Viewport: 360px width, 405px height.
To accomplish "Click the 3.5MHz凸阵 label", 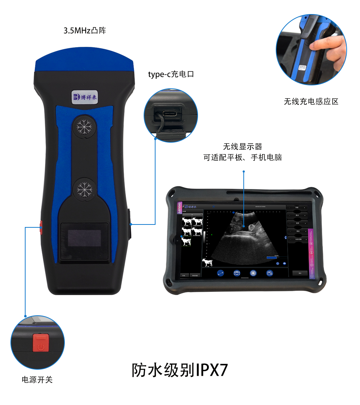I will [85, 31].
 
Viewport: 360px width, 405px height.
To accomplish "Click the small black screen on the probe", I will [84, 238].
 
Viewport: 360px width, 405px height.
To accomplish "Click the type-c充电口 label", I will [171, 75].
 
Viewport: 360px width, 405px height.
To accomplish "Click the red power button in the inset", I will [40, 343].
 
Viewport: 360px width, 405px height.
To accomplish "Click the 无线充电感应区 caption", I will [311, 102].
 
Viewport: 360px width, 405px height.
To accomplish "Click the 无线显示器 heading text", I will [242, 147].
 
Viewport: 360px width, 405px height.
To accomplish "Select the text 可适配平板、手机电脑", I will [242, 158].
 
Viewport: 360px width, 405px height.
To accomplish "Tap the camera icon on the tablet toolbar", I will [237, 273].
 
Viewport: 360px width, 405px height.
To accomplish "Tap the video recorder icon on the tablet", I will [269, 273].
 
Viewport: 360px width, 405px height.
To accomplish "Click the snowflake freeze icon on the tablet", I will [253, 273].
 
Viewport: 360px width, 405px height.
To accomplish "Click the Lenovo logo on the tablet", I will [180, 208].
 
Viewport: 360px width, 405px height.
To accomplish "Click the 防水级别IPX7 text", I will [180, 370].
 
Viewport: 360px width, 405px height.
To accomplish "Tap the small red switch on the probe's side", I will [41, 227].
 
